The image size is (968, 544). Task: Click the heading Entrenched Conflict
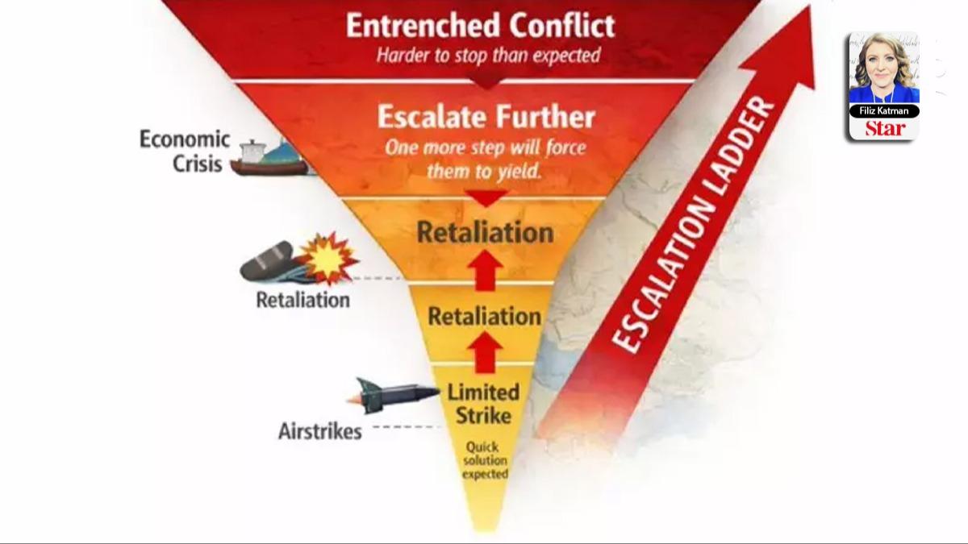point(480,26)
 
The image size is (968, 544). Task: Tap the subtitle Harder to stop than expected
point(488,56)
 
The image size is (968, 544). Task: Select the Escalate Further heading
point(486,117)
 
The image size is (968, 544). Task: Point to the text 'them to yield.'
point(485,172)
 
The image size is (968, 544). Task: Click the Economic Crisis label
point(185,152)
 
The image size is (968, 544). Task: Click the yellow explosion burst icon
point(328,259)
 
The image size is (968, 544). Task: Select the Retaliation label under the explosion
point(303,300)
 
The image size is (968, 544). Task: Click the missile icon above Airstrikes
point(394,395)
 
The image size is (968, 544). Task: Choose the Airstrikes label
point(319,431)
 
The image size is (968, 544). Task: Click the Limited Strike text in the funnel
point(483,404)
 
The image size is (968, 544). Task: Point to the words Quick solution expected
point(485,460)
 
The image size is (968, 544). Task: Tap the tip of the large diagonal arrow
point(809,6)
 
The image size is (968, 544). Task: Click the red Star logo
point(885,129)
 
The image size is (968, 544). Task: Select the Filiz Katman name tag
point(884,111)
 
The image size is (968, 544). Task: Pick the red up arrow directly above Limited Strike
point(486,352)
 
